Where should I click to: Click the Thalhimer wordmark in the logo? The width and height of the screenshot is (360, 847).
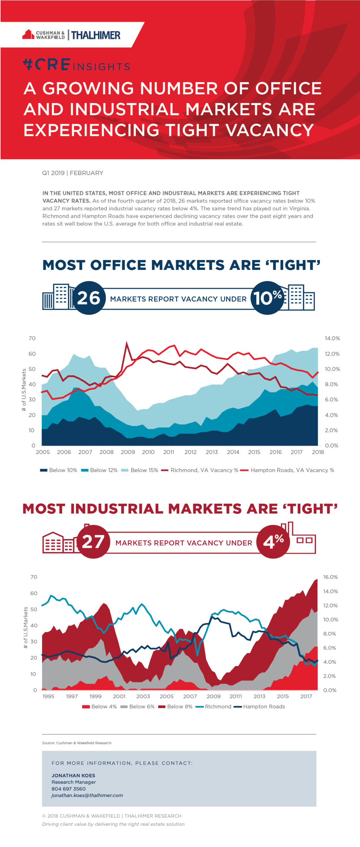tap(96, 35)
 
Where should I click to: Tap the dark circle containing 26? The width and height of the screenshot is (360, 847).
tap(88, 298)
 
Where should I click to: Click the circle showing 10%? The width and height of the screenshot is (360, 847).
tap(267, 298)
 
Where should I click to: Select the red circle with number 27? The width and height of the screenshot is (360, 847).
tap(93, 542)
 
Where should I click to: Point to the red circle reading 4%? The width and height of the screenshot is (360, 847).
tap(273, 542)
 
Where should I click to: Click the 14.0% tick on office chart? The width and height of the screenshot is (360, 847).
tap(332, 338)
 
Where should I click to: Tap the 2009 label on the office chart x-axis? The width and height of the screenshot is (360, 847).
tap(128, 452)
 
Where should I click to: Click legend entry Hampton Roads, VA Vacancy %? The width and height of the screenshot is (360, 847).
tap(292, 470)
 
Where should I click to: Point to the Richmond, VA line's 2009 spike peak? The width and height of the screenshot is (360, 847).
tap(126, 343)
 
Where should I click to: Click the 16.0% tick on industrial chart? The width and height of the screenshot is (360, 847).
tap(330, 577)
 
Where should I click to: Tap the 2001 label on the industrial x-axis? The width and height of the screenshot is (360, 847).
tap(119, 696)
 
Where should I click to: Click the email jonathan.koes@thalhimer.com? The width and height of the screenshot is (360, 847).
tap(87, 795)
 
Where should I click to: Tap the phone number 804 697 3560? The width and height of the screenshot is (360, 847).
tap(68, 789)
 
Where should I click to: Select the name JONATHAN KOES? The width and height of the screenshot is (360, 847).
tap(73, 776)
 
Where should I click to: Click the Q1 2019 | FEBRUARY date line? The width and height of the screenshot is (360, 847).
tap(72, 173)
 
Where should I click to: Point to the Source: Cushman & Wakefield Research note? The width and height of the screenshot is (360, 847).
tap(76, 743)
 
